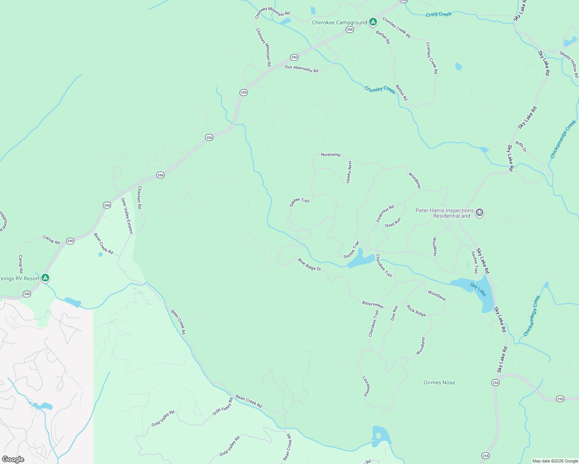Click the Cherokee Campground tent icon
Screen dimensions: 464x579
tap(373, 22)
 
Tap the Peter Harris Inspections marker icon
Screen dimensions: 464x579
tap(480, 213)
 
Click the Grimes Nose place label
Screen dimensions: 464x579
tap(439, 382)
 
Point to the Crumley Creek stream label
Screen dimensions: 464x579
tap(380, 90)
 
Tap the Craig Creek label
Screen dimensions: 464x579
tap(439, 14)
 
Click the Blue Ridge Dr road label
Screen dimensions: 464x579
tap(309, 264)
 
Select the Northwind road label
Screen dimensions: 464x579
tap(331, 155)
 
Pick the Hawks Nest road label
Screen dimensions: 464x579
tap(349, 172)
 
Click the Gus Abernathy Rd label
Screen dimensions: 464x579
tap(301, 69)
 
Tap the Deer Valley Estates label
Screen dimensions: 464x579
tap(127, 216)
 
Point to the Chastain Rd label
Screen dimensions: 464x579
tap(139, 198)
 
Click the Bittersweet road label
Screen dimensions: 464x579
tap(372, 305)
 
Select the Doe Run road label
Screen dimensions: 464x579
tap(394, 313)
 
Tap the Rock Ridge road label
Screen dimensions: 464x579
tap(416, 310)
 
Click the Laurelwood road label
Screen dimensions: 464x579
tap(366, 386)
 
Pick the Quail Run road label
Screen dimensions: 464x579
tap(393, 223)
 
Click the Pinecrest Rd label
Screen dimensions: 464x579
tap(385, 213)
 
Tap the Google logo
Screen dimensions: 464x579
tap(13, 459)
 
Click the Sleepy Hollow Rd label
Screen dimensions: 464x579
tap(569, 63)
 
